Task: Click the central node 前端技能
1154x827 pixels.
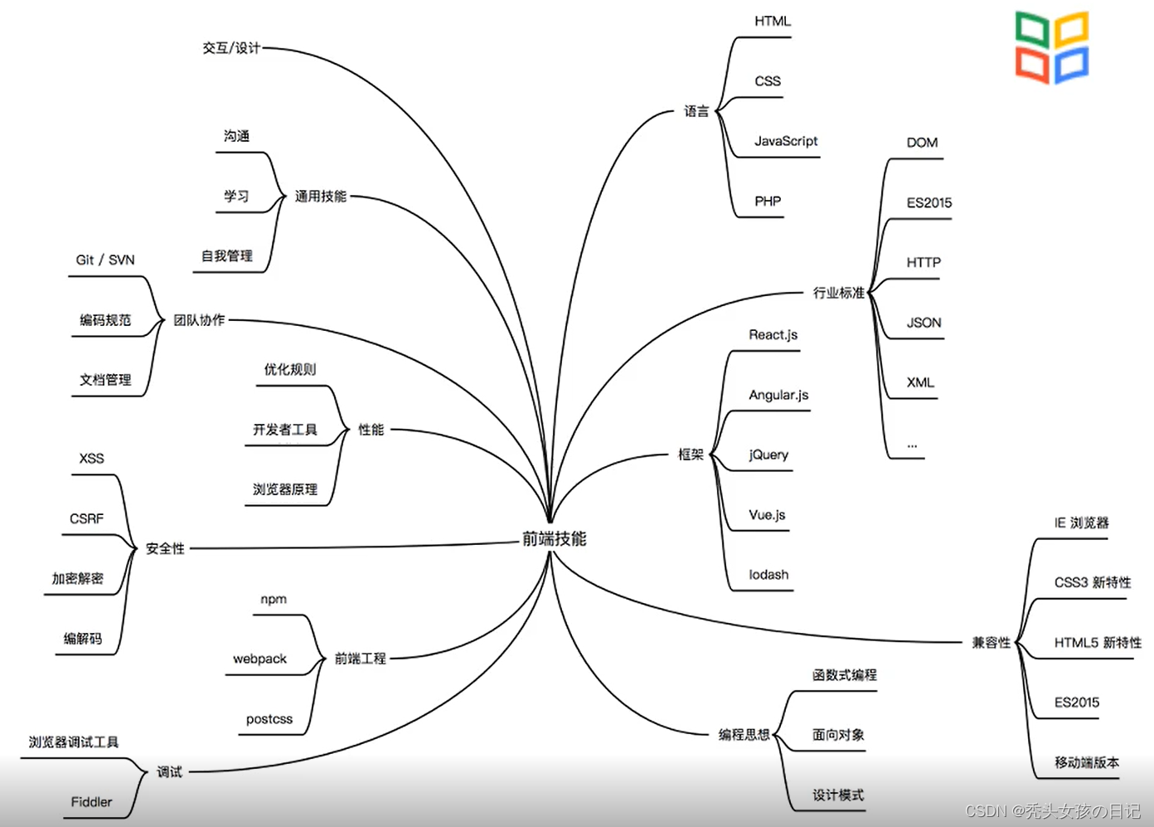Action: click(554, 539)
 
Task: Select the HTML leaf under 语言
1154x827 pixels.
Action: click(772, 22)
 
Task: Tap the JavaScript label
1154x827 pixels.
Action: click(785, 141)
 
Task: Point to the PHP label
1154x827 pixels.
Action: click(768, 202)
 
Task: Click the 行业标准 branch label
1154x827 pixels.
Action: click(838, 293)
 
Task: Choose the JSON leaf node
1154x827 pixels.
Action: click(924, 323)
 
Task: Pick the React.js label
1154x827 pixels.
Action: click(773, 335)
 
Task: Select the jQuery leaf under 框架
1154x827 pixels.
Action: click(769, 455)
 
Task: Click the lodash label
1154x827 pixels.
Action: click(769, 575)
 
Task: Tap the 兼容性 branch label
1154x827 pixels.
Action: click(991, 643)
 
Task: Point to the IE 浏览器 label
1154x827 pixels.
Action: click(1081, 523)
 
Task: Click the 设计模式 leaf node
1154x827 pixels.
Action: click(837, 795)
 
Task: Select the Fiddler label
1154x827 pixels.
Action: click(91, 802)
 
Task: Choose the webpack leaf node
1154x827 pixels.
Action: click(259, 659)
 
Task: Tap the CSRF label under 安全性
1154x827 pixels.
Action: click(86, 519)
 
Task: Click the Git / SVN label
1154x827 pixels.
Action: click(105, 260)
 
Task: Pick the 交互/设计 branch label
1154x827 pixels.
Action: click(231, 48)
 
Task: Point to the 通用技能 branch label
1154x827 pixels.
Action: click(320, 197)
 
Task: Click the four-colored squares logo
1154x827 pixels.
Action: click(1052, 47)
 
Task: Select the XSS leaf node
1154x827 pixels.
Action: click(91, 459)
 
